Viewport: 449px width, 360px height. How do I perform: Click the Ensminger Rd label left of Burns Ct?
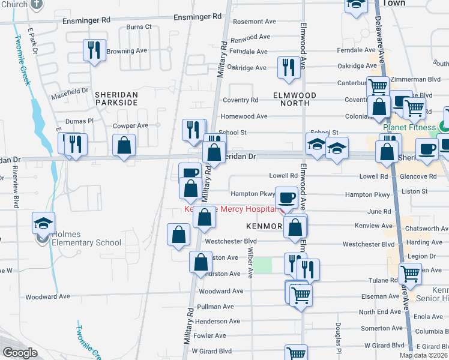click(87, 20)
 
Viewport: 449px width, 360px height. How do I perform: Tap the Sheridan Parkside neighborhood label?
click(115, 99)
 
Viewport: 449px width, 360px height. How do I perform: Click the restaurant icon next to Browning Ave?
click(94, 51)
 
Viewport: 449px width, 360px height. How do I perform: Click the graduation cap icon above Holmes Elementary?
click(44, 223)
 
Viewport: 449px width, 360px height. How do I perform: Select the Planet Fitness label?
click(409, 127)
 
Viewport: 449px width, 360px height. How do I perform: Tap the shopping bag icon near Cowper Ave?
click(124, 145)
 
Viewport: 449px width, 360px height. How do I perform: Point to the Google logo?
click(20, 353)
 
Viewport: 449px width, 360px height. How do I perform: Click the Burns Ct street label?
click(139, 27)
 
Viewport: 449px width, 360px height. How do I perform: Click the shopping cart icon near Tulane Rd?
click(411, 274)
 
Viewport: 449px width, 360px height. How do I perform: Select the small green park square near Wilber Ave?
click(262, 265)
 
